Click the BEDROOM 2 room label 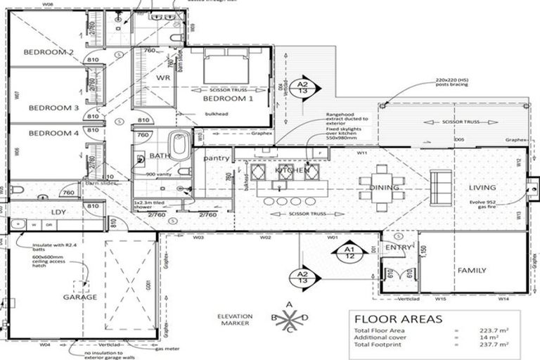coord(49,52)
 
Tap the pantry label coord(217,158)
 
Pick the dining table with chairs coord(381,186)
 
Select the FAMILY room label coord(472,270)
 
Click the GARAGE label coord(80,297)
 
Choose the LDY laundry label coord(58,212)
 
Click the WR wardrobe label coord(163,77)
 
